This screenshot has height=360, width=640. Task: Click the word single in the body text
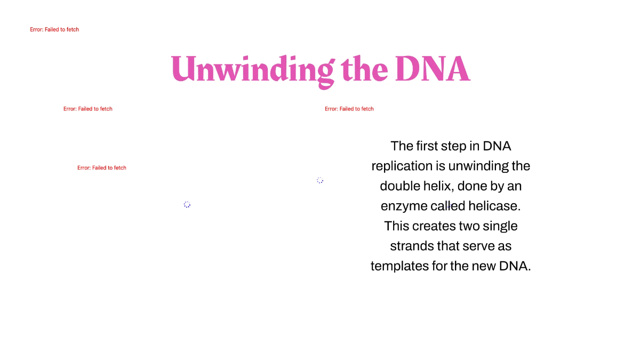click(500, 226)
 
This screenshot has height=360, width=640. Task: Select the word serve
click(478, 246)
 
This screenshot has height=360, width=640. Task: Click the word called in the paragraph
click(448, 206)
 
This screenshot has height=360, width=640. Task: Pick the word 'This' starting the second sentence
click(397, 226)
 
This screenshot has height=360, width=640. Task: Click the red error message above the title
click(54, 30)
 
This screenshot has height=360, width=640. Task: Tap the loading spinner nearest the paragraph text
click(320, 180)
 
